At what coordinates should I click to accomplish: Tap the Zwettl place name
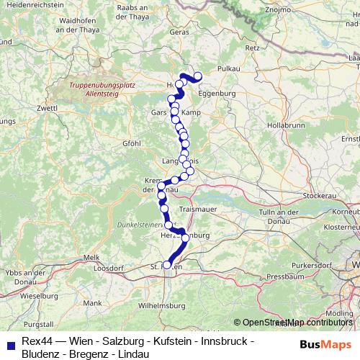(47, 108)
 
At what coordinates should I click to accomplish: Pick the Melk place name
(91, 257)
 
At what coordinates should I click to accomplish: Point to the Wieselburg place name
(40, 295)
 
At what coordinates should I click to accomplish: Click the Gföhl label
(132, 143)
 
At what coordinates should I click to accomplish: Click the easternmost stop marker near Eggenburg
(198, 77)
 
